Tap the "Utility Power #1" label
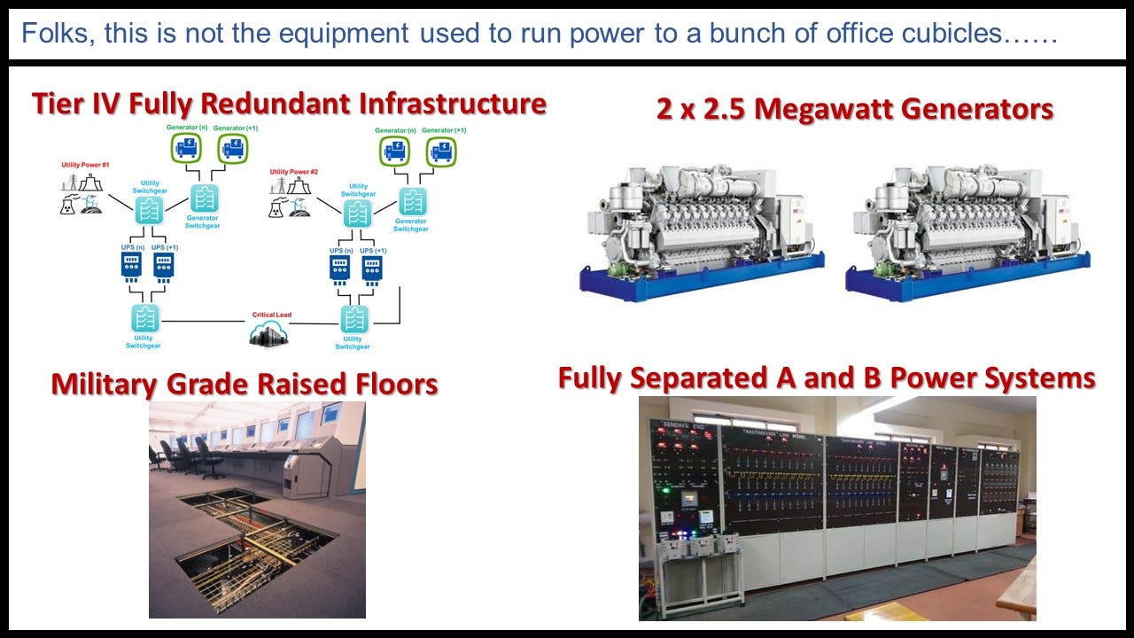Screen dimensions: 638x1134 point(85,166)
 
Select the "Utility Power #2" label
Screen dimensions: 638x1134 point(294,172)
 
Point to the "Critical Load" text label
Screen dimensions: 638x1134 point(271,315)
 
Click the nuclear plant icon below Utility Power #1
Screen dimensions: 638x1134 point(67,204)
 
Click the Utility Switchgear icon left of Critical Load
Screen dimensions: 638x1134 point(145,318)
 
